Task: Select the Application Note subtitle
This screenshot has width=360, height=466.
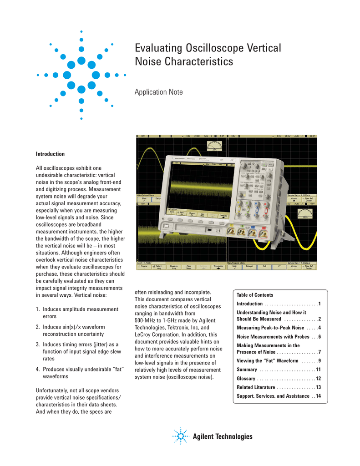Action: [x=158, y=92]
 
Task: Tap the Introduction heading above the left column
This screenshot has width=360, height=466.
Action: [x=50, y=154]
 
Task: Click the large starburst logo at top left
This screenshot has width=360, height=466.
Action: [x=81, y=75]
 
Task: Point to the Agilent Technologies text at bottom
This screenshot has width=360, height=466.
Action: [x=223, y=437]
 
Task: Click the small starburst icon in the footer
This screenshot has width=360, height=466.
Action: [x=181, y=437]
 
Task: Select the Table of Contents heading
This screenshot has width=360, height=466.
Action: [x=255, y=295]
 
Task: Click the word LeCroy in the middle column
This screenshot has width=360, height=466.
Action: [x=145, y=334]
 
